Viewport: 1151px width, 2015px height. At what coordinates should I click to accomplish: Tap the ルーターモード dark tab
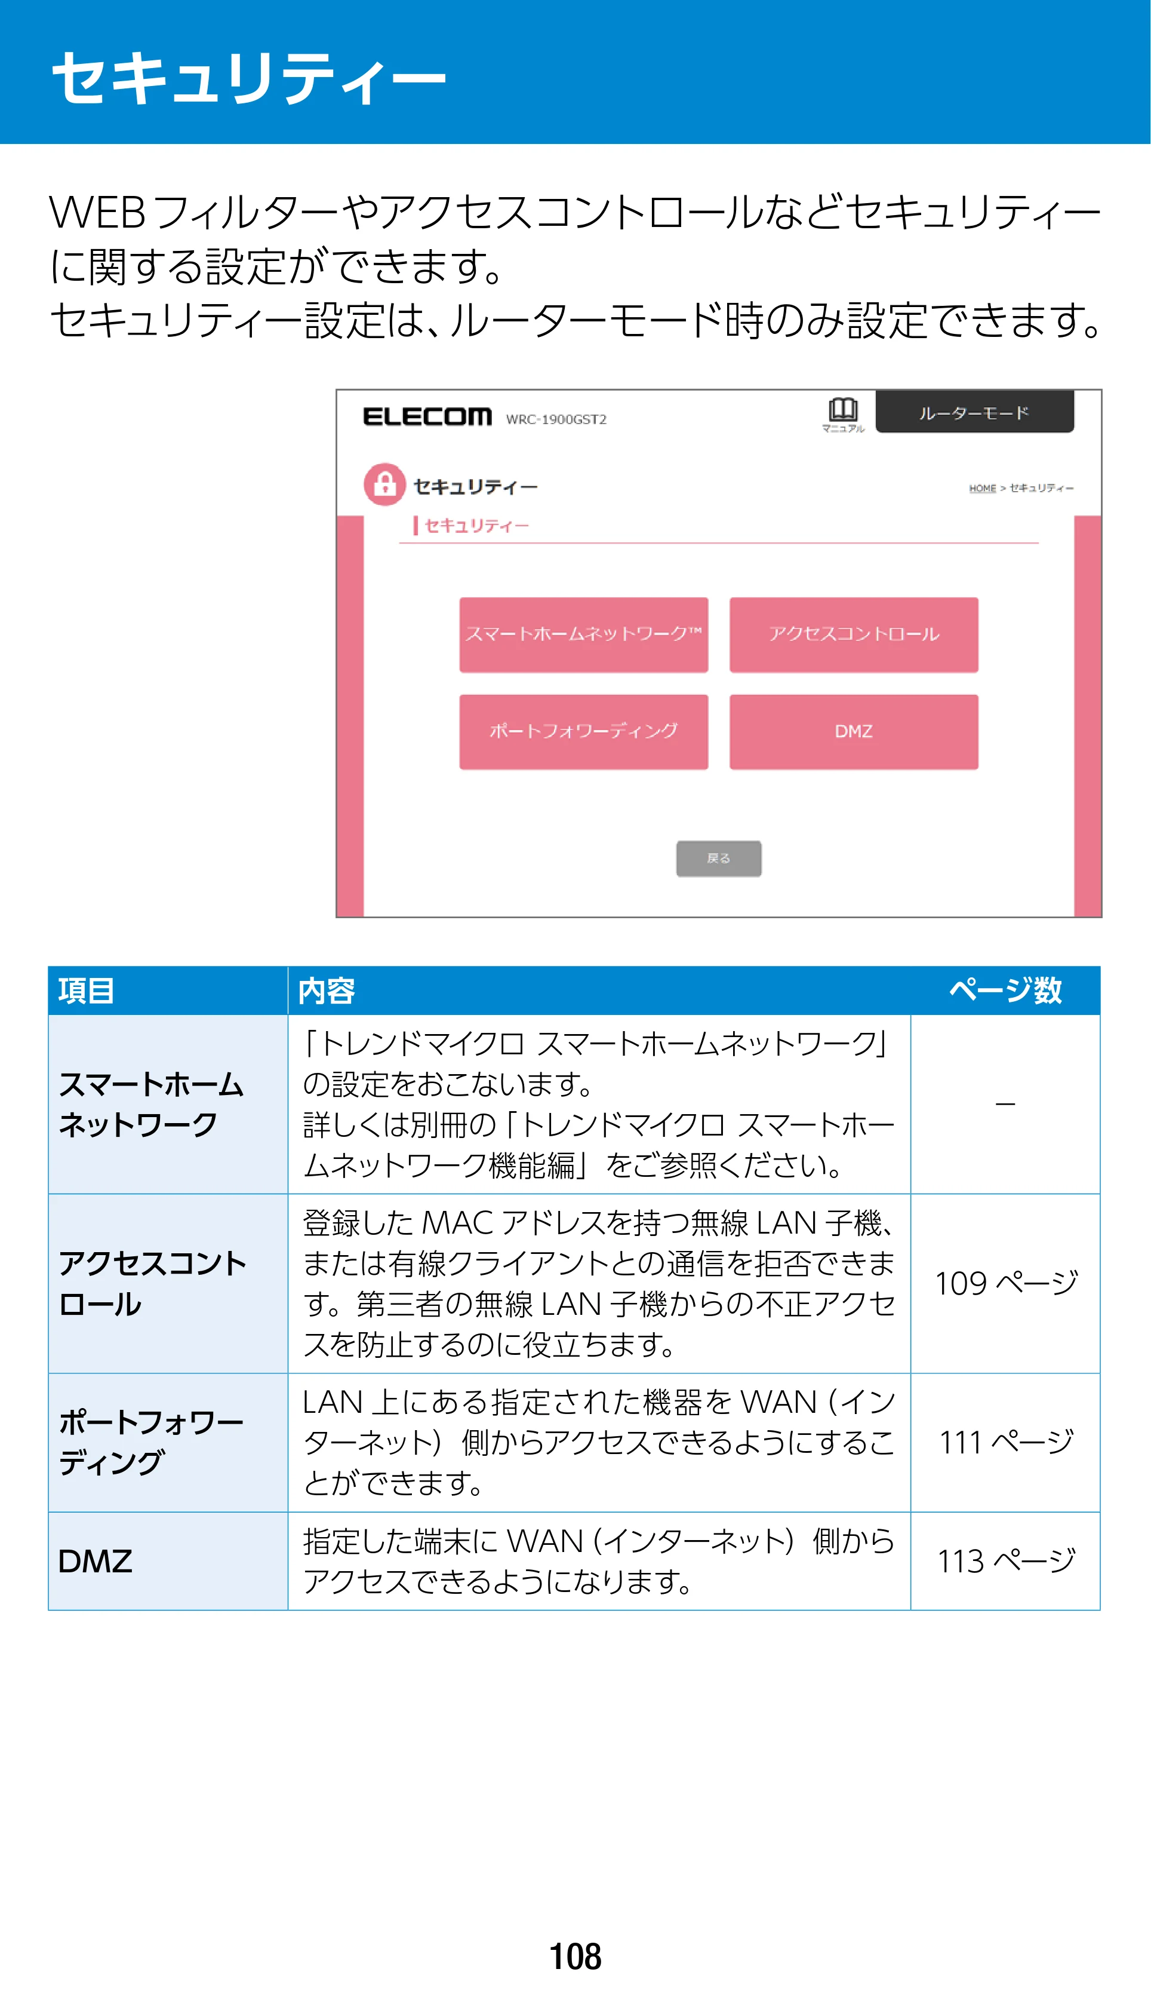[x=975, y=412]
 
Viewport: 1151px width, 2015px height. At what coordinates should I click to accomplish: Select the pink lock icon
[x=385, y=484]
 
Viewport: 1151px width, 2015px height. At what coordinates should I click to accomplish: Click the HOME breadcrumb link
[x=983, y=488]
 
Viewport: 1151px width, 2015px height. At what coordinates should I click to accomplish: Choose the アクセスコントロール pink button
[x=854, y=634]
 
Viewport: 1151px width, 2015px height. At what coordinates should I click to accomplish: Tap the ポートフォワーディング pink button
[x=583, y=731]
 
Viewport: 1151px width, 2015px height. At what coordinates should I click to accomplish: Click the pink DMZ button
[x=854, y=731]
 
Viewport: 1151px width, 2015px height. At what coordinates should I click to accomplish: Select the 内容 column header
[x=327, y=990]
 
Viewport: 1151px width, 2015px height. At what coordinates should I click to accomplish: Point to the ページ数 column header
[x=1005, y=990]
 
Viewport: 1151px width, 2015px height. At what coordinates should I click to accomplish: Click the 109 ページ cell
[x=1005, y=1283]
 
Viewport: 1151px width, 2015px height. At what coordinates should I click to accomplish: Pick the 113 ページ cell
[x=1005, y=1561]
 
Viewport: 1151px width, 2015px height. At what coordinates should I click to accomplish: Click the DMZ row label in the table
[x=96, y=1561]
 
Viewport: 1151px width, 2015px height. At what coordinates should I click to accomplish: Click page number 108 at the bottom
[x=575, y=1956]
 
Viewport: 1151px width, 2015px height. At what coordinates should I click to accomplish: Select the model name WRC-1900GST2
[x=556, y=419]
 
